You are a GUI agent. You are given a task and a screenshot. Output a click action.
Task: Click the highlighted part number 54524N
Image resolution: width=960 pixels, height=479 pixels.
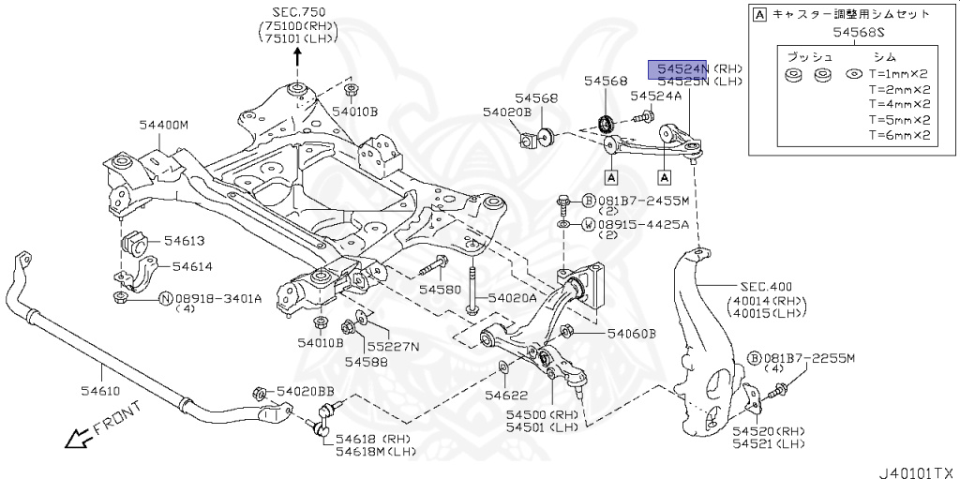point(682,69)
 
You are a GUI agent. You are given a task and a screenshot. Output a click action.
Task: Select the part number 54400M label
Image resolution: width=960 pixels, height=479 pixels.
point(164,125)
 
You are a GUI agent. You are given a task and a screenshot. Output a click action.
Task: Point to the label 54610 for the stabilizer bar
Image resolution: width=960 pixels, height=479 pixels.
point(95,382)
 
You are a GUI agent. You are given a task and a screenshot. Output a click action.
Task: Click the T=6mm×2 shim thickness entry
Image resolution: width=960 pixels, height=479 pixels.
point(898,135)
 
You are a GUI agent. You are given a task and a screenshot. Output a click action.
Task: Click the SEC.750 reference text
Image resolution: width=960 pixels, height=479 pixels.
point(297,13)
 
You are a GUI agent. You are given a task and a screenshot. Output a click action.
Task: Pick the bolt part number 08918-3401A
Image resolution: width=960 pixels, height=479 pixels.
point(218,298)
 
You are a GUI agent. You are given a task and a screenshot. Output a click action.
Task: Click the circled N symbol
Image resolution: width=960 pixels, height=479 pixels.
point(165,298)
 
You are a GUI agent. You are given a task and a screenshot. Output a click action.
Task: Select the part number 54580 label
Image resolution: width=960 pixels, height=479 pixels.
point(441,290)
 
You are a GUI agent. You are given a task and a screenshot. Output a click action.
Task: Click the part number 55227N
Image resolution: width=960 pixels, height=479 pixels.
point(393,346)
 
